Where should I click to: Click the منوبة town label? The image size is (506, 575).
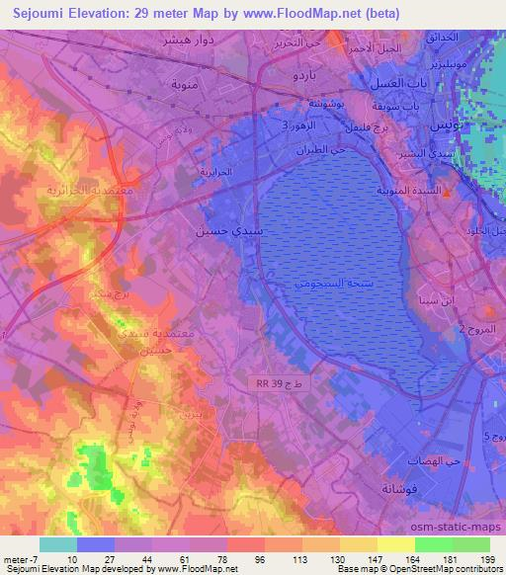point(186,84)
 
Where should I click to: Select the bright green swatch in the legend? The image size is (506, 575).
point(433,544)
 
